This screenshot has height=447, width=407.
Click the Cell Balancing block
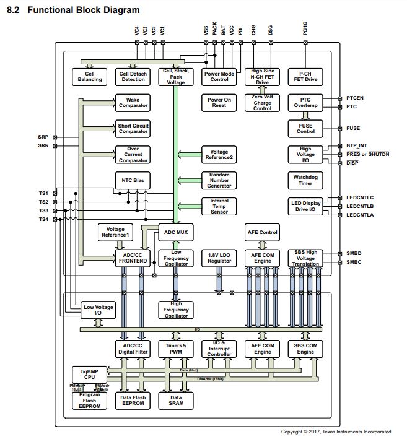[90, 76]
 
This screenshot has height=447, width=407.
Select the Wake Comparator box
[133, 103]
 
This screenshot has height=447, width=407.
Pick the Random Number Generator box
[219, 180]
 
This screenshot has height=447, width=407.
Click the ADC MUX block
[175, 232]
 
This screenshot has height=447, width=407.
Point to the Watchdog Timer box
[305, 180]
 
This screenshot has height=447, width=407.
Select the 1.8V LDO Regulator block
[219, 258]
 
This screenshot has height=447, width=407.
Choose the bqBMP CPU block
[90, 375]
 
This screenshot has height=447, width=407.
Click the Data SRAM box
[176, 400]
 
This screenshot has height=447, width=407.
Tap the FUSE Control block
[305, 129]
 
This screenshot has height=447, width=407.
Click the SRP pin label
[43, 137]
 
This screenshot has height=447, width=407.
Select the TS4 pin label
[43, 220]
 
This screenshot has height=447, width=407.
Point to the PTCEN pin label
[356, 98]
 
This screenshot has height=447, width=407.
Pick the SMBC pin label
[354, 263]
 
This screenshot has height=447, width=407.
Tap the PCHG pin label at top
[305, 28]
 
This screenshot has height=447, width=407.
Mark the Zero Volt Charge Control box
[262, 103]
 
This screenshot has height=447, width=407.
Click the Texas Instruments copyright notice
[336, 432]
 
